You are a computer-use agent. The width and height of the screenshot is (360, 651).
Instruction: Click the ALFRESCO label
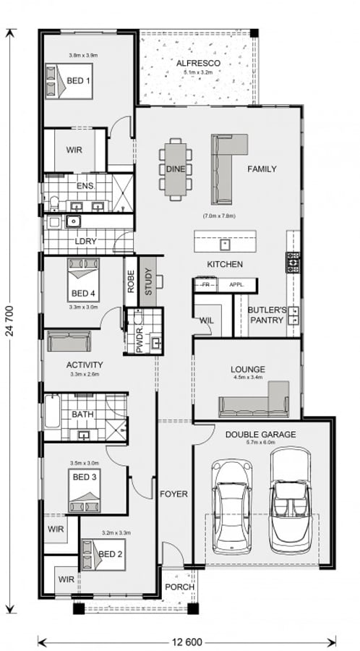coord(197,64)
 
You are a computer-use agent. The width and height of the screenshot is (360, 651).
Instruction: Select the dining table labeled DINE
coord(174,168)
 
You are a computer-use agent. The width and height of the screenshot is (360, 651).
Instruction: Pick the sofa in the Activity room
coord(69,341)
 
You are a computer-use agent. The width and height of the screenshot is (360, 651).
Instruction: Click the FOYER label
coord(173,495)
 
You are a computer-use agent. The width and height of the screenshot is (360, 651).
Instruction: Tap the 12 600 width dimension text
coord(187,641)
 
